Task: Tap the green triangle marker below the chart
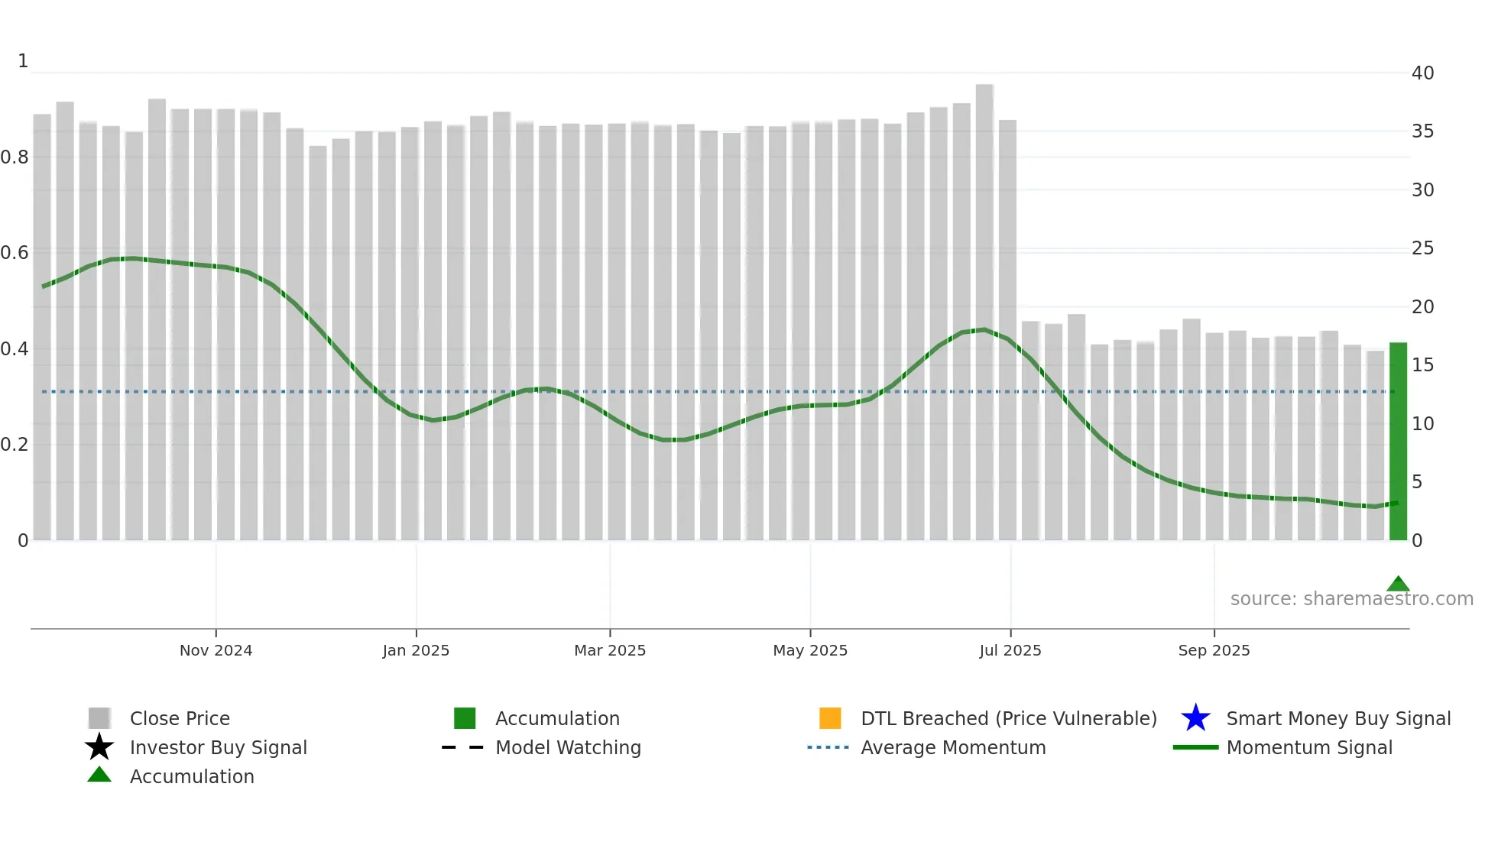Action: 1398,585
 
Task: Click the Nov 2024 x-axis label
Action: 216,650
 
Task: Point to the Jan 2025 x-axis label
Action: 416,650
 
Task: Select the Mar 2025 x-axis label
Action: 610,650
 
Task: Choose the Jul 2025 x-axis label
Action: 1010,650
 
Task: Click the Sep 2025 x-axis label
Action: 1214,650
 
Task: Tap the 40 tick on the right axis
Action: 1422,73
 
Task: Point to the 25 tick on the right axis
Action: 1422,248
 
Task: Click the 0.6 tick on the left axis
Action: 15,253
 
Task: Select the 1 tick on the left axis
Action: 23,61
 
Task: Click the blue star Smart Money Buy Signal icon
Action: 1195,718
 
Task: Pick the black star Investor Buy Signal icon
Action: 99,747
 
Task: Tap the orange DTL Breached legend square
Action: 830,718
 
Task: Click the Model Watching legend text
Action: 568,747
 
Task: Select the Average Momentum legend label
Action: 953,747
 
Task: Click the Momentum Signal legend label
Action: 1308,747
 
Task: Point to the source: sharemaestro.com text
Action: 1351,599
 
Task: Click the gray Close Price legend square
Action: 99,718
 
